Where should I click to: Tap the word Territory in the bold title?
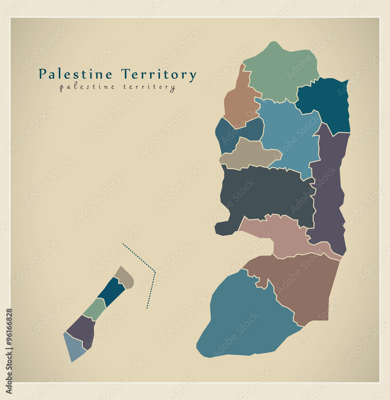(x=159, y=74)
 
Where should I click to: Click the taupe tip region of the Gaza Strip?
(x=124, y=278)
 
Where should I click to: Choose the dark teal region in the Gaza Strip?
(x=112, y=292)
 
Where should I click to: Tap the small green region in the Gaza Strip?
(x=95, y=309)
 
